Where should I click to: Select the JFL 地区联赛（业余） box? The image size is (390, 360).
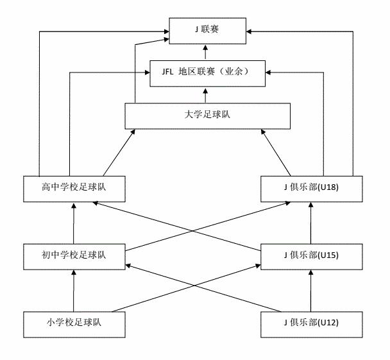[208, 73]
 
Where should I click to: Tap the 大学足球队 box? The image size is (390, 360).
[208, 116]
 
